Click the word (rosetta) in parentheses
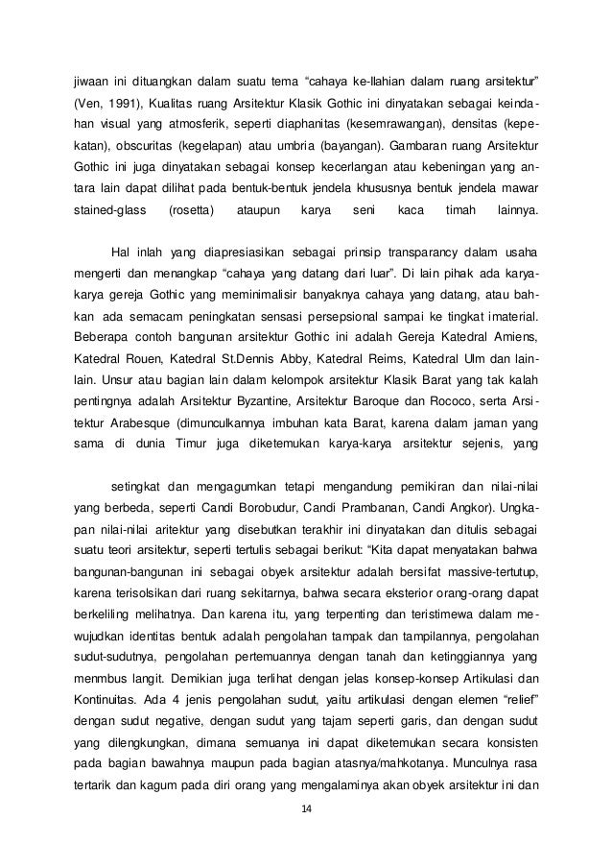(191, 211)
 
